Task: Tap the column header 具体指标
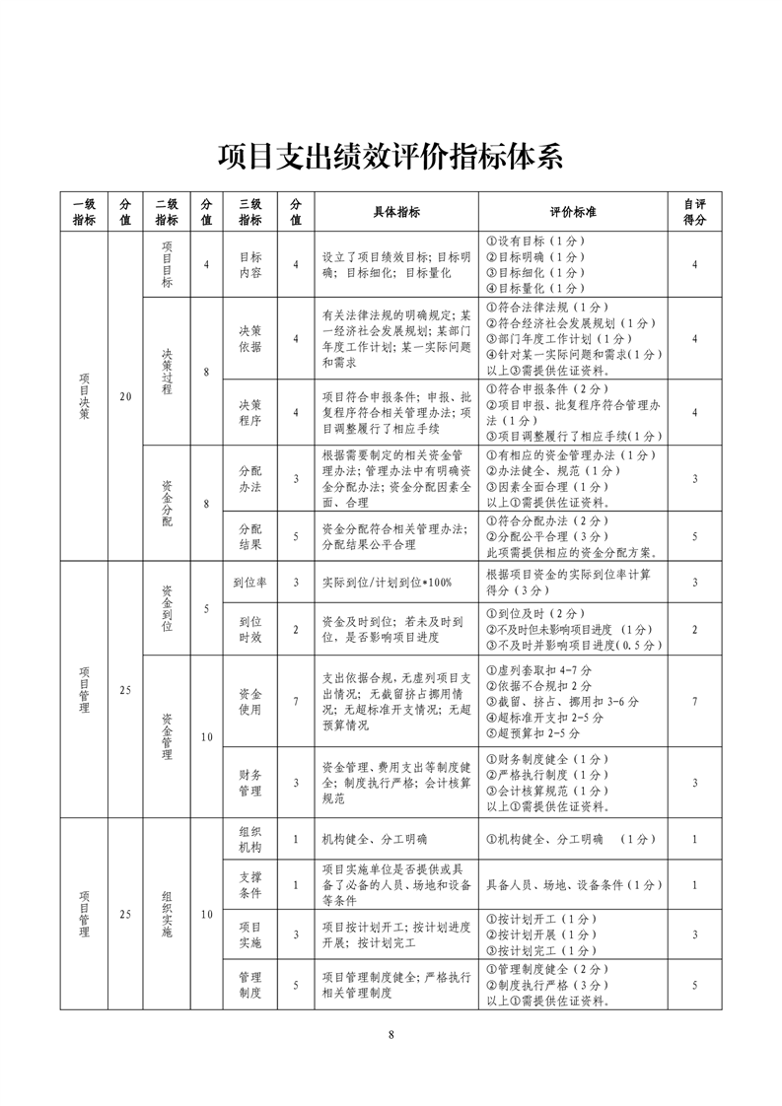tap(396, 212)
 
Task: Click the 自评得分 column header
tap(695, 212)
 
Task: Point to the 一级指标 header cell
tap(84, 212)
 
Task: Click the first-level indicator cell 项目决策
tap(84, 396)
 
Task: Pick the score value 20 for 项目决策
tap(125, 396)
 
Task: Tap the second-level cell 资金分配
tap(167, 503)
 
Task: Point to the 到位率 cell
tap(250, 583)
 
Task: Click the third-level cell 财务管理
tap(250, 782)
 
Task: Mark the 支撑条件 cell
tap(250, 884)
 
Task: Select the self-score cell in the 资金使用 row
tap(695, 701)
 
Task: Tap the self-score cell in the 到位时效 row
tap(695, 630)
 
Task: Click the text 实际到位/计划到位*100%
tap(388, 583)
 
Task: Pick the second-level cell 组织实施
tap(167, 914)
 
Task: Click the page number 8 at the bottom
tap(391, 1034)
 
